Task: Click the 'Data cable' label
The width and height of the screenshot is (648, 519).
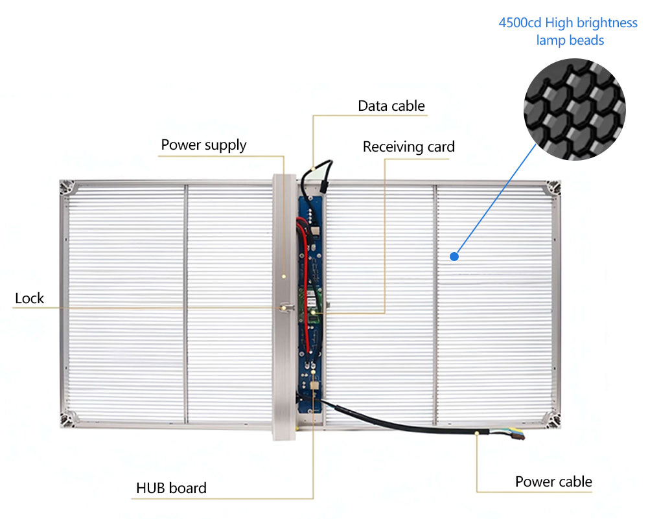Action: click(391, 106)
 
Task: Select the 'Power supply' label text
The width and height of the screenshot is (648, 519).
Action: click(203, 144)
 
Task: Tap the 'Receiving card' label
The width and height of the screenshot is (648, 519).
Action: click(408, 147)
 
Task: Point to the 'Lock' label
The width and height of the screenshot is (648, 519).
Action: click(29, 298)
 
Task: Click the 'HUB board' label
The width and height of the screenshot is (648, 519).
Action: click(171, 488)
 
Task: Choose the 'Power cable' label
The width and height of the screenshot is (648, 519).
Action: click(553, 481)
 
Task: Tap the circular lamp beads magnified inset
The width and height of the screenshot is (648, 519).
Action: click(574, 108)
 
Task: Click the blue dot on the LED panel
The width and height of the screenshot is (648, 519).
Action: click(454, 257)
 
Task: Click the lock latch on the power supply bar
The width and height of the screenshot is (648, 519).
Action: click(284, 307)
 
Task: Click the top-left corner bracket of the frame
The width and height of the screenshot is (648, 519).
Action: click(67, 189)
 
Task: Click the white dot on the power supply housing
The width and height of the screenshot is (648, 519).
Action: click(284, 275)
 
